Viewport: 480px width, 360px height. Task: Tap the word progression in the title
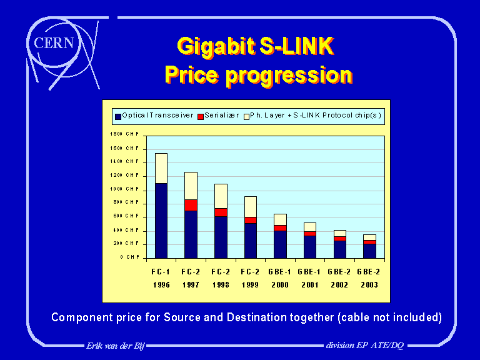288,75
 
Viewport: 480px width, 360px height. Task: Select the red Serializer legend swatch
201,116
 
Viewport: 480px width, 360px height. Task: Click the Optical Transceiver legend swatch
117,116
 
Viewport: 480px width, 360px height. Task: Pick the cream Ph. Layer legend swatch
246,116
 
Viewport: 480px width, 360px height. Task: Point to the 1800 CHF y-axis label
125,134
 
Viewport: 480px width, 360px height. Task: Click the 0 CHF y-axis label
129,257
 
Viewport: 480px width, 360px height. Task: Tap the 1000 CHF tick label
125,189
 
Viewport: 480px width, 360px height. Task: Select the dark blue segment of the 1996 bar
161,220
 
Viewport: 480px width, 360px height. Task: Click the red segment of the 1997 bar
191,205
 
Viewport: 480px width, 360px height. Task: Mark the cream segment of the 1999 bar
251,206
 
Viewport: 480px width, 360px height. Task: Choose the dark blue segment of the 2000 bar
280,244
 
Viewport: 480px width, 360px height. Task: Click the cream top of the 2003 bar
370,237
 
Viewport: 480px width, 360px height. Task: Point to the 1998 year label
221,284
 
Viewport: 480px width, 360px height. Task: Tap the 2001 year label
310,284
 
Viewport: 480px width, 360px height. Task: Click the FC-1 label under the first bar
161,272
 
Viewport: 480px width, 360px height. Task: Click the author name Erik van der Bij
116,346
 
